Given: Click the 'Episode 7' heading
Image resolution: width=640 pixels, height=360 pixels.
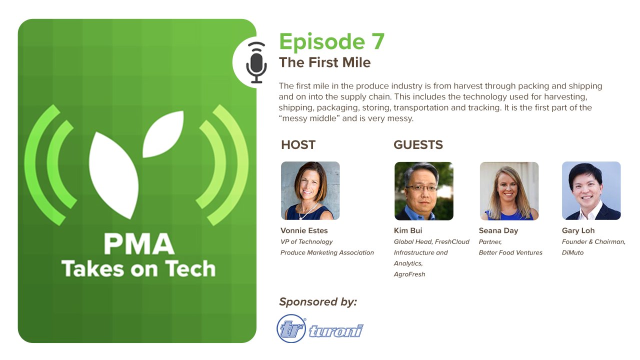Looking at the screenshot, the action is coord(331,42).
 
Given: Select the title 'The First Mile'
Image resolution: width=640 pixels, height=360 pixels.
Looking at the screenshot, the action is coord(324,62).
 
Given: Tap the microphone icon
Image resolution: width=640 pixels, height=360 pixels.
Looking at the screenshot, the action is coord(256,62).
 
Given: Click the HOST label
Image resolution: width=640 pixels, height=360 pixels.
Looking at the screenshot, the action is coord(298,145).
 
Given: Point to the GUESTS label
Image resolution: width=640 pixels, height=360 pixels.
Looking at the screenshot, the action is coord(418,145).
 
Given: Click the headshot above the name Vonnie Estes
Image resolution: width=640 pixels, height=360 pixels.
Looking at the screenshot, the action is coord(310,190).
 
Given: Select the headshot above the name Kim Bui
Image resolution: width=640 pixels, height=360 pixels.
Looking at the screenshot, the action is coord(423,191).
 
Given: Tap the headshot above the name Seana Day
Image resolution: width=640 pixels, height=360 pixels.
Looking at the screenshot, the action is coord(509,191).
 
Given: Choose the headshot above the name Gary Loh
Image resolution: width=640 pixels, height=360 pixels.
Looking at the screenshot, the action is coord(591,190).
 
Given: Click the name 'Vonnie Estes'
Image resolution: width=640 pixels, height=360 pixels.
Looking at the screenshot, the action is coord(304,230).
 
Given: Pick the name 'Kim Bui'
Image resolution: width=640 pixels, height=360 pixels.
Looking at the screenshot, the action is coord(407,230).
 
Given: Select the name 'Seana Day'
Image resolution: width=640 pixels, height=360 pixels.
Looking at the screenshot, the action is coord(498,231).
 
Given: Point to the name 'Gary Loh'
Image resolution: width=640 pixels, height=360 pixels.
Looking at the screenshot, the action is coord(578,230).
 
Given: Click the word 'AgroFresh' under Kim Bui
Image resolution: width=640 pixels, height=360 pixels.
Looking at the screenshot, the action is coord(409,274).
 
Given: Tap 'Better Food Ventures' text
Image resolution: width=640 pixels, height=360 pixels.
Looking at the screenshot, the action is coord(510,252).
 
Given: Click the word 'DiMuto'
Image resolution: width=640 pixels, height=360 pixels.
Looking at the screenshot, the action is coord(572,252).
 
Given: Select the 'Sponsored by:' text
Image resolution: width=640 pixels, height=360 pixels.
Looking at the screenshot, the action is coord(318,302).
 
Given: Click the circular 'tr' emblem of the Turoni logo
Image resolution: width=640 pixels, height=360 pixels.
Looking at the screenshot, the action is coord(291,328).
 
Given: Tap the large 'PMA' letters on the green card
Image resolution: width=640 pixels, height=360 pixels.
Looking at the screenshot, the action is coord(139,244).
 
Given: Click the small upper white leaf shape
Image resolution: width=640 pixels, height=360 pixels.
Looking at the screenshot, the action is coord(163,134).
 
